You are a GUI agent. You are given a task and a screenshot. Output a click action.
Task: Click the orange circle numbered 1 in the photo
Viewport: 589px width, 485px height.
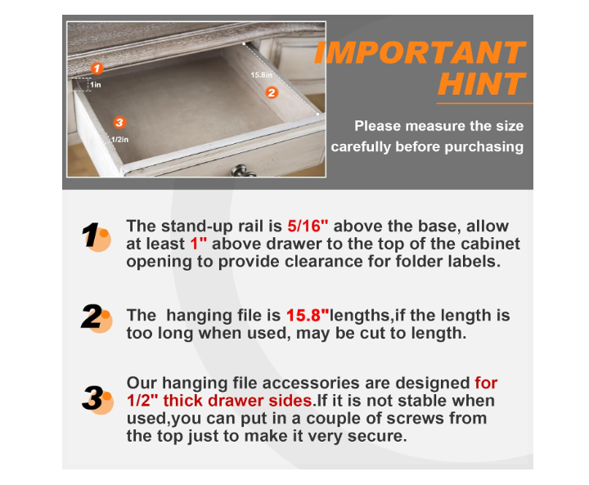click(97, 69)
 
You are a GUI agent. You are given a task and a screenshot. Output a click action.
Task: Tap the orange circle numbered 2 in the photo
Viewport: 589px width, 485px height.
click(272, 92)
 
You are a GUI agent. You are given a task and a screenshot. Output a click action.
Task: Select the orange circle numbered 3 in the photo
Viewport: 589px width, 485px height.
click(119, 123)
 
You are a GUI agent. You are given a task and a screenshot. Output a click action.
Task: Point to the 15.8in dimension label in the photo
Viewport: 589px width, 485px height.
click(261, 75)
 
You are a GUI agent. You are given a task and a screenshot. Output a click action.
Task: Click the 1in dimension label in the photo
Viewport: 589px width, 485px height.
click(96, 84)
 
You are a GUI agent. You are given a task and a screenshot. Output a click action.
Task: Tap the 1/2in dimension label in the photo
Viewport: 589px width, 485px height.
click(119, 138)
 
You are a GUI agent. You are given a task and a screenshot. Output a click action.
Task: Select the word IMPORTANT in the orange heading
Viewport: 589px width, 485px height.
click(419, 53)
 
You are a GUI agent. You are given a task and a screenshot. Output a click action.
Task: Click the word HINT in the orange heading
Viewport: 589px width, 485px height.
click(480, 84)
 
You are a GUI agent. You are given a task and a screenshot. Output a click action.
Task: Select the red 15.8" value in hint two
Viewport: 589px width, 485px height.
click(307, 315)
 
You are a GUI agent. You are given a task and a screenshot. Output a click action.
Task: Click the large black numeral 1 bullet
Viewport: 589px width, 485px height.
click(92, 236)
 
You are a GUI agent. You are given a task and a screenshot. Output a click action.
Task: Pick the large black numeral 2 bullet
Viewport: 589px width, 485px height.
click(92, 317)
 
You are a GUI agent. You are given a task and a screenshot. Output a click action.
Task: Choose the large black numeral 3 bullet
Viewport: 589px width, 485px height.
click(93, 399)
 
